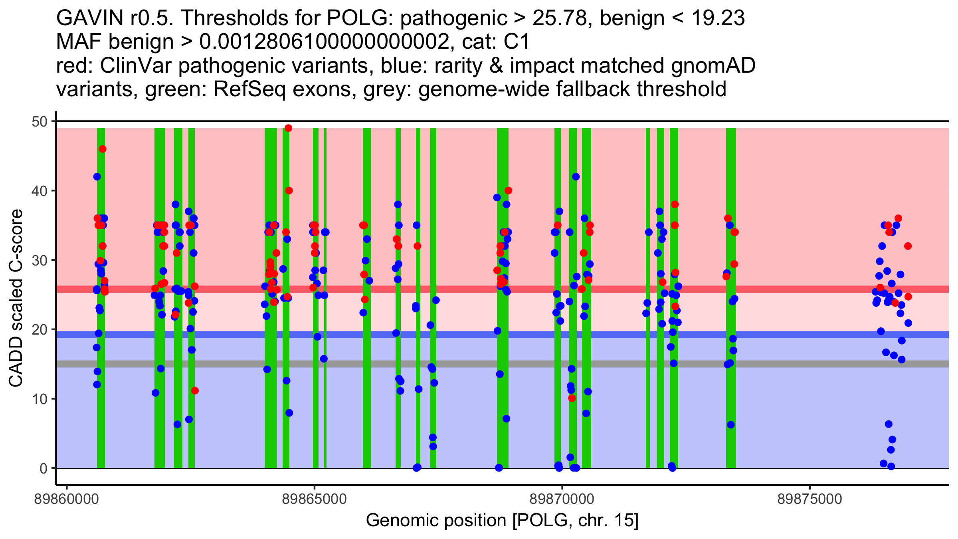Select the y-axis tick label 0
(43, 468)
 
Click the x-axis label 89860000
(67, 499)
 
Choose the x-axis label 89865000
(315, 499)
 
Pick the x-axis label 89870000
(562, 499)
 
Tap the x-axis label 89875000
(810, 499)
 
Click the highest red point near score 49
(288, 128)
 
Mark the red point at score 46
(103, 149)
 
